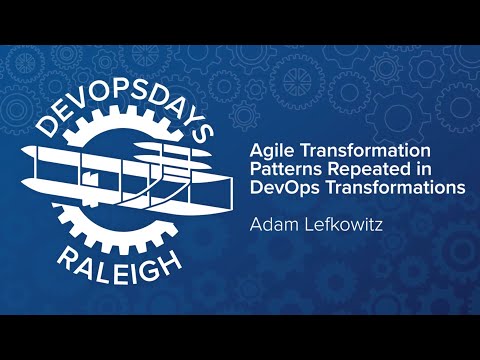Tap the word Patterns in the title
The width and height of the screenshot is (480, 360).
tap(280, 168)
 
